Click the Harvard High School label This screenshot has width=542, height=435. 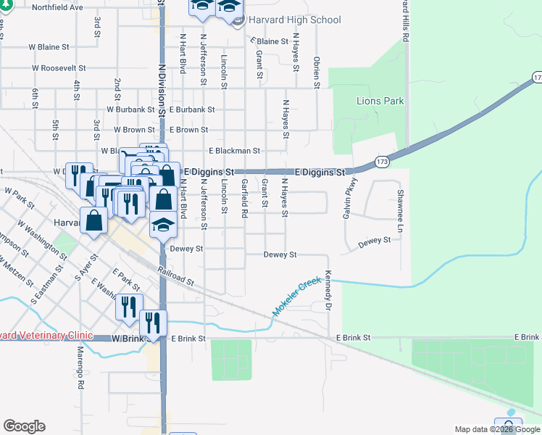pos(294,20)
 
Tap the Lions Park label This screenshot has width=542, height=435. pos(380,101)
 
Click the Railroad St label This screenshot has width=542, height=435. pos(176,275)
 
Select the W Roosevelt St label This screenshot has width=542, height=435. pos(58,68)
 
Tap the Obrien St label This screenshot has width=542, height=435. pos(317,72)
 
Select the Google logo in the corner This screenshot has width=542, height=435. pos(24,426)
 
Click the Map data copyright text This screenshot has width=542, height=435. pos(496,429)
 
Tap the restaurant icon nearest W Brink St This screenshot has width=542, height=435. pos(153,323)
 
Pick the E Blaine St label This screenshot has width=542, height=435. pos(272,41)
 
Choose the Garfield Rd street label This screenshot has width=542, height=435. pos(245,198)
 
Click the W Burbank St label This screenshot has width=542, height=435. pos(130,109)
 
